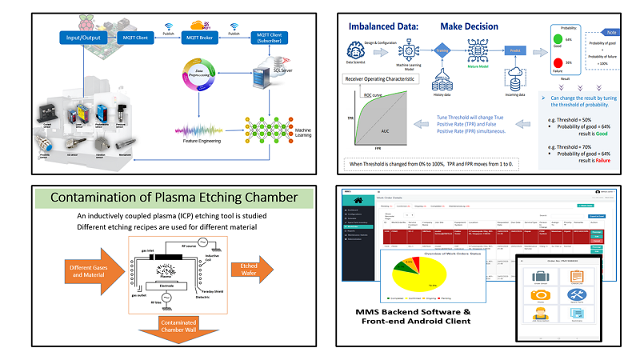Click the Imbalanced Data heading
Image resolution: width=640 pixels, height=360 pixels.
click(380, 26)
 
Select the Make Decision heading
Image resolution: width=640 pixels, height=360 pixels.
click(470, 26)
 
